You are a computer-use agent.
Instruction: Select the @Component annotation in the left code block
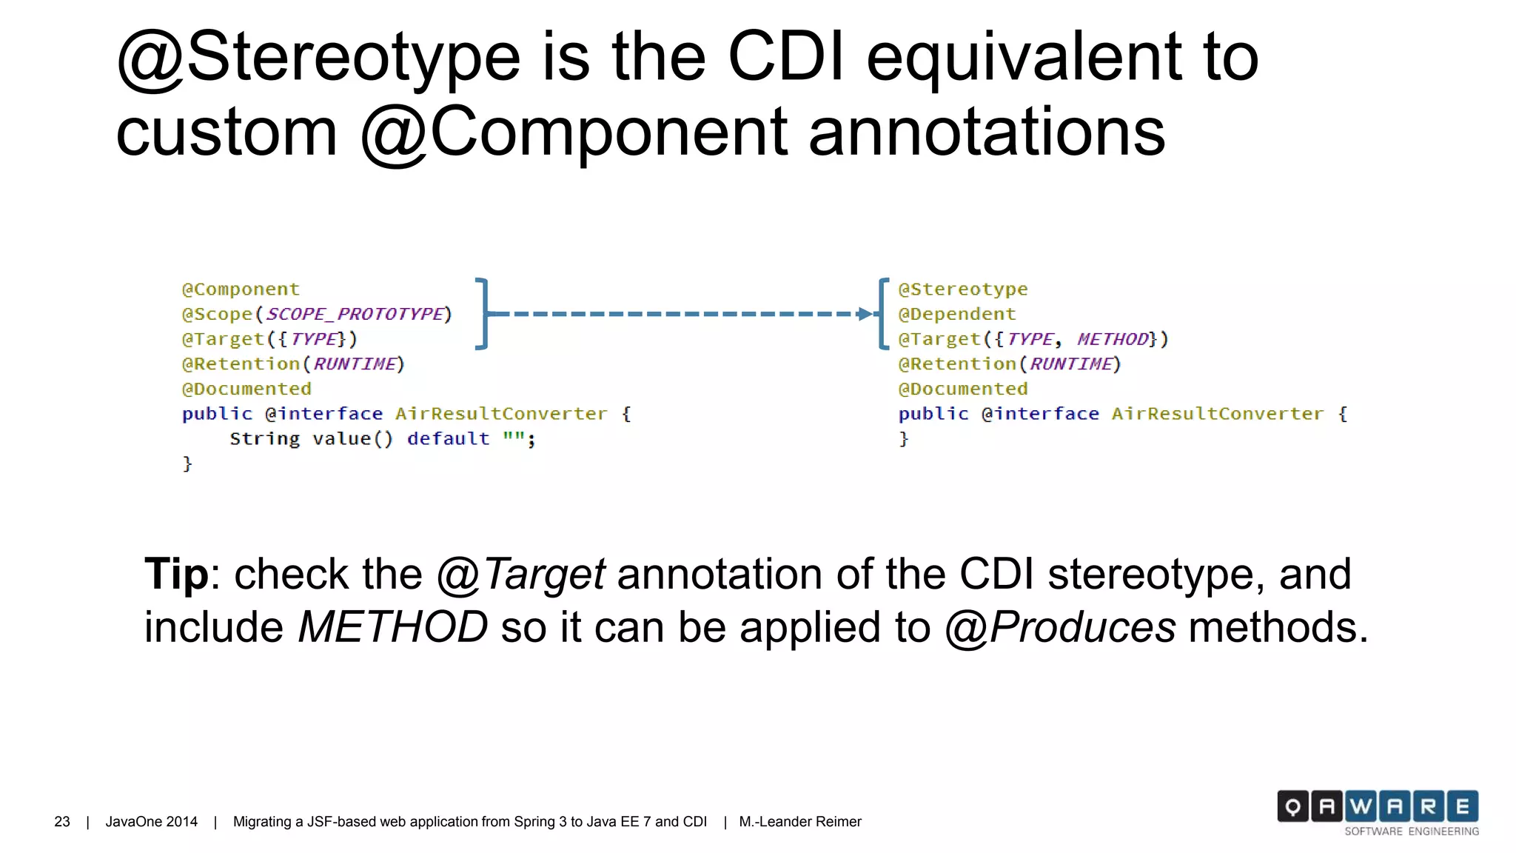pos(241,290)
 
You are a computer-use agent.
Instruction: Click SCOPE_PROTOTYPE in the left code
pos(355,315)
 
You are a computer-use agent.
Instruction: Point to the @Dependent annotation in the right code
pos(956,315)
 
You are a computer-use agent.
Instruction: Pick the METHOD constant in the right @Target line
pos(1112,340)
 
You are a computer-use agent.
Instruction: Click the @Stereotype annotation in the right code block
pos(962,290)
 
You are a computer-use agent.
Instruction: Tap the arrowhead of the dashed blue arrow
pos(865,314)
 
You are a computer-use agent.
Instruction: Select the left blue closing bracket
pos(482,314)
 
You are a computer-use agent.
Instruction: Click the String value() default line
pos(381,439)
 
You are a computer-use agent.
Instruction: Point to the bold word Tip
pos(176,574)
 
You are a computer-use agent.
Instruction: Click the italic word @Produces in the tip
pos(1060,628)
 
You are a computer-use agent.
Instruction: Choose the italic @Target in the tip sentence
pos(521,575)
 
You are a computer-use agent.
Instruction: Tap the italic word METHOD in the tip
pos(392,628)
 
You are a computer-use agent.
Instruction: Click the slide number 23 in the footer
pos(62,822)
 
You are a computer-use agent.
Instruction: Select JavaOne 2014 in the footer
pos(151,822)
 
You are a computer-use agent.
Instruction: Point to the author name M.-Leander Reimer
pos(799,822)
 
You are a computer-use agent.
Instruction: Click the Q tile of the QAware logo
pos(1292,806)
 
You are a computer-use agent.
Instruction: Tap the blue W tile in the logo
pos(1361,806)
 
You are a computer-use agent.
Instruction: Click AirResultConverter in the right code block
pos(1217,415)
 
